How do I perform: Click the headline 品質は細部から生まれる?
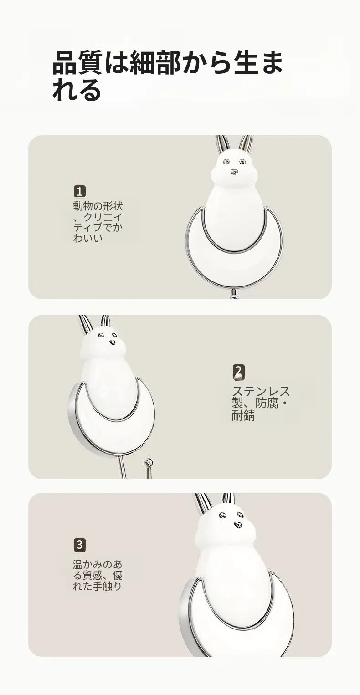pos(168,76)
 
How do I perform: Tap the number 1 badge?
pos(79,191)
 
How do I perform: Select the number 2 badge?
pos(238,373)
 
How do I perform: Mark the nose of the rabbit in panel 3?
pos(237,525)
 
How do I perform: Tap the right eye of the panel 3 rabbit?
pos(240,515)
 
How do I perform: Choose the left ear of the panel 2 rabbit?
pos(85,326)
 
